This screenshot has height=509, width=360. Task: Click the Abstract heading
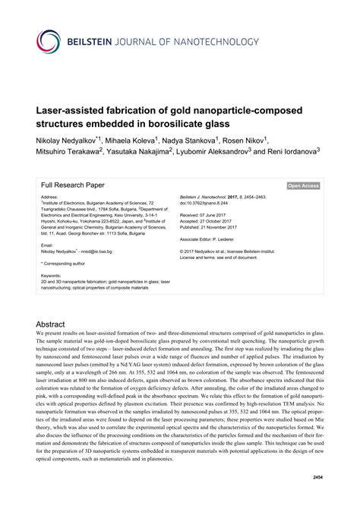[x=52, y=323]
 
